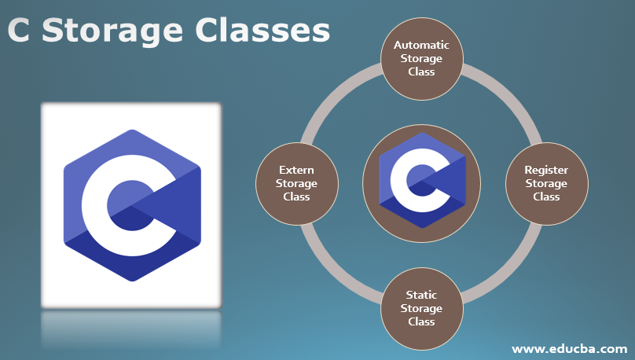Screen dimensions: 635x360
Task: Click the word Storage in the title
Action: point(112,32)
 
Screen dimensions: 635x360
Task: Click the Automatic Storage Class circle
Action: point(421,59)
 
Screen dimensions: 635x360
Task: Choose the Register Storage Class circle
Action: point(547,183)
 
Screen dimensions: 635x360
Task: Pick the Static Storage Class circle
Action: point(421,309)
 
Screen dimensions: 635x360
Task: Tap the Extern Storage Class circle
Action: point(297,183)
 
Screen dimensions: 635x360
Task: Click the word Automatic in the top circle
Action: point(421,45)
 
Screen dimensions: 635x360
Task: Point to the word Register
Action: point(546,171)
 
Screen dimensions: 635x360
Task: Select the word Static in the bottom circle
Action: point(421,295)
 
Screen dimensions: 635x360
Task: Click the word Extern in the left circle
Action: point(296,170)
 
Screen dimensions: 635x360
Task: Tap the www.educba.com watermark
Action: point(570,349)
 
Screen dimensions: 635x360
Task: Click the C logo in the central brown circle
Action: point(422,181)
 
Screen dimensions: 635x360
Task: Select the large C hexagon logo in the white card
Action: point(133,205)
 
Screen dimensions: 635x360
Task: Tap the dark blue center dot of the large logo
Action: point(133,206)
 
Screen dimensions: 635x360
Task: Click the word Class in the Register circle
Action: point(546,197)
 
